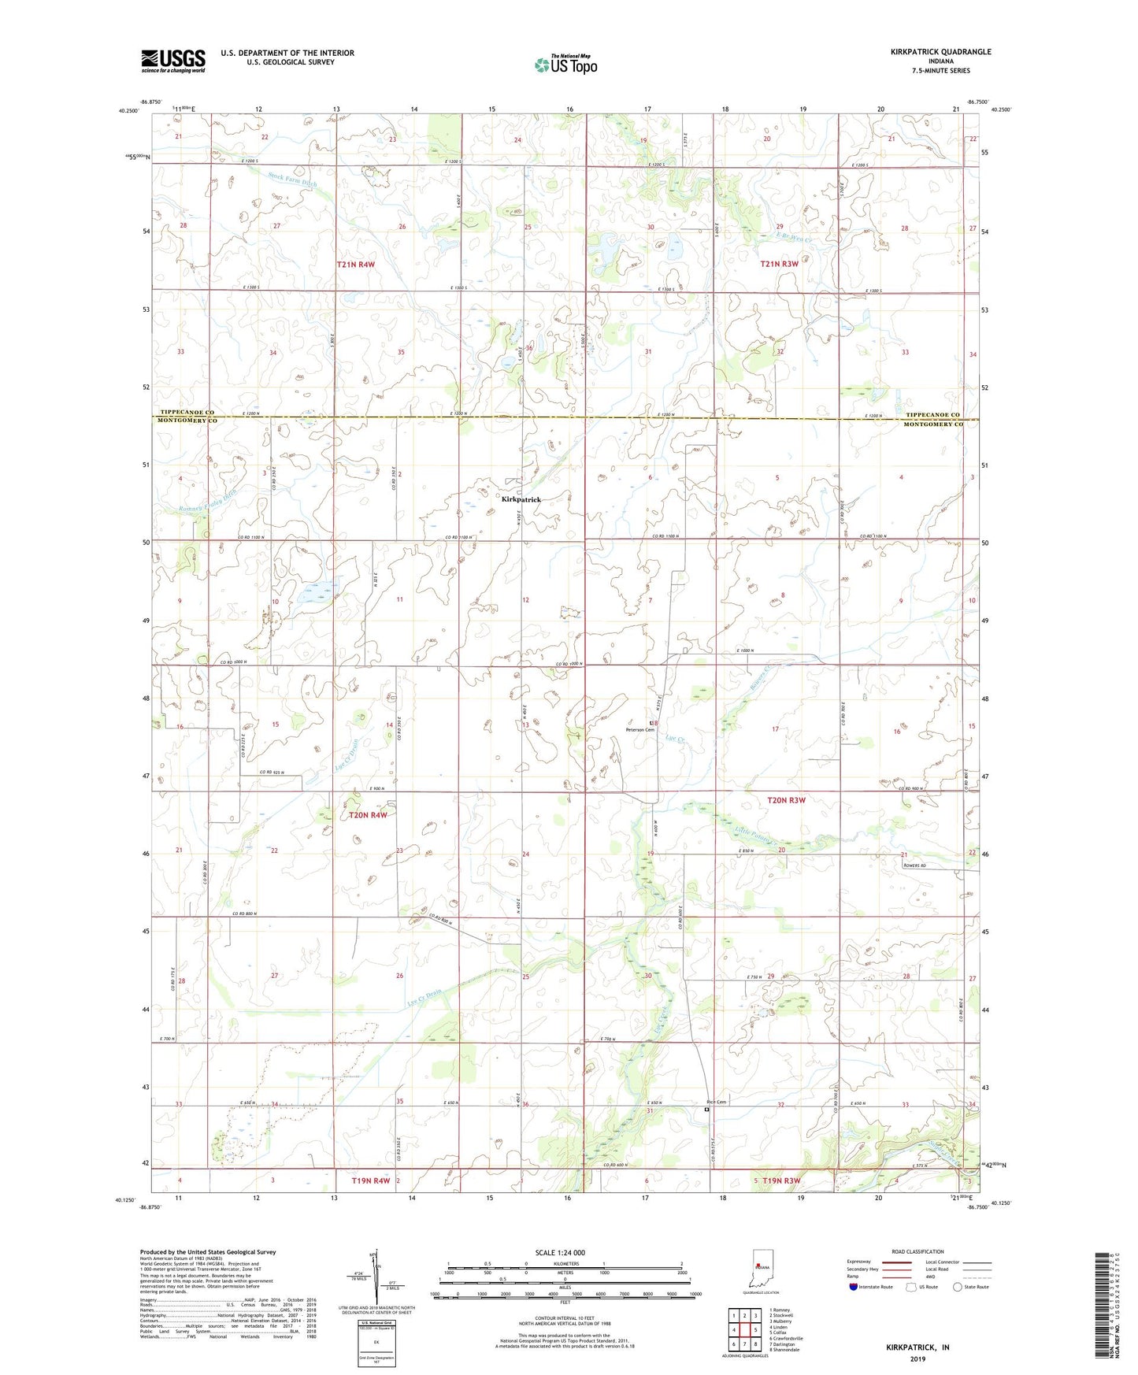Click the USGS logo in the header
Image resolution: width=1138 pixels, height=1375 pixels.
pyautogui.click(x=173, y=61)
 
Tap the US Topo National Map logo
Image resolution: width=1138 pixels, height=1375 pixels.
pyautogui.click(x=565, y=65)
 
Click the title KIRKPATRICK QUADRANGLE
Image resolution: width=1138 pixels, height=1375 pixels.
pyautogui.click(x=940, y=52)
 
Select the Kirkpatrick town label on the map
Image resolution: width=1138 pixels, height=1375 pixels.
pyautogui.click(x=521, y=499)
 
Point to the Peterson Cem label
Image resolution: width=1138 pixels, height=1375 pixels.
pyautogui.click(x=639, y=730)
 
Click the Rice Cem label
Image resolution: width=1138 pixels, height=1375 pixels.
pyautogui.click(x=716, y=1102)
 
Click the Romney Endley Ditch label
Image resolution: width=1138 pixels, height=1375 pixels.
pyautogui.click(x=207, y=497)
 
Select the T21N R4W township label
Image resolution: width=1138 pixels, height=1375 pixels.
pyautogui.click(x=355, y=265)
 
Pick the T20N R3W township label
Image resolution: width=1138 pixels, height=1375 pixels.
pyautogui.click(x=786, y=800)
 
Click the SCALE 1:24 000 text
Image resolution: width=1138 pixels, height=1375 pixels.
pyautogui.click(x=560, y=1252)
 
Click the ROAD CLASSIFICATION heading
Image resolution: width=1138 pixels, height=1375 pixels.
pyautogui.click(x=917, y=1251)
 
